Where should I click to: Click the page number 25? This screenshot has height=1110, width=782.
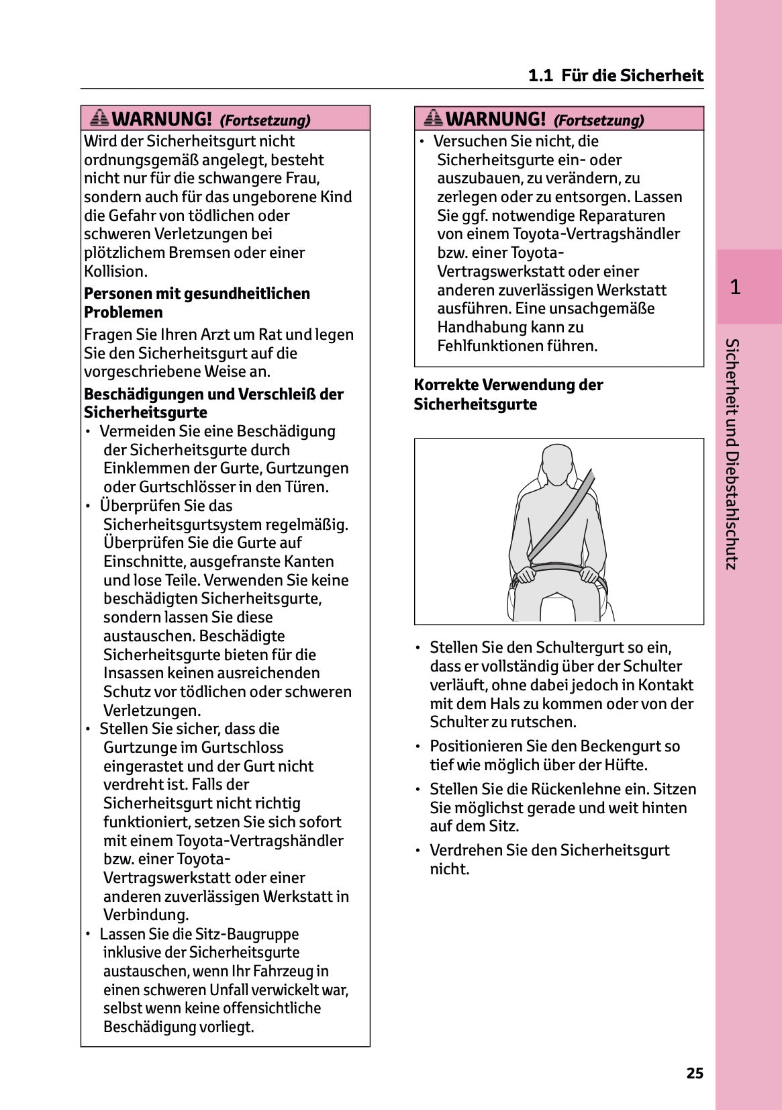(x=695, y=1073)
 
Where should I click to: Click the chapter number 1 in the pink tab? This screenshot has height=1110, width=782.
(x=735, y=287)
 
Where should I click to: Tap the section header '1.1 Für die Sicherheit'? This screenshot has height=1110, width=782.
(x=616, y=75)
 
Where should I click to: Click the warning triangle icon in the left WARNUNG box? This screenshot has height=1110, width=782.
(x=99, y=118)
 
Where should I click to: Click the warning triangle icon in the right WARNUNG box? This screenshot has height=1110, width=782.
(x=434, y=118)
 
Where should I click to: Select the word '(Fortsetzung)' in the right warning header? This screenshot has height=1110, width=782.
(x=598, y=120)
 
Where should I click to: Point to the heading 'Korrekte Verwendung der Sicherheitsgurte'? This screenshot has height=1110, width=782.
(x=508, y=394)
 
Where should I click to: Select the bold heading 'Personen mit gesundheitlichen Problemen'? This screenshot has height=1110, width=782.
(x=197, y=303)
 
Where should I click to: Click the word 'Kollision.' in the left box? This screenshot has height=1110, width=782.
(x=115, y=271)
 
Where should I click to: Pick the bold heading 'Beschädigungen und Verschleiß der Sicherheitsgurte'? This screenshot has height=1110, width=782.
(x=213, y=403)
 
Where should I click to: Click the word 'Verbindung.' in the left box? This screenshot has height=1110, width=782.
(x=146, y=915)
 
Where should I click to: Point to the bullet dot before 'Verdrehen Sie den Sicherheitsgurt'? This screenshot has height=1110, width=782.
(x=418, y=851)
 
